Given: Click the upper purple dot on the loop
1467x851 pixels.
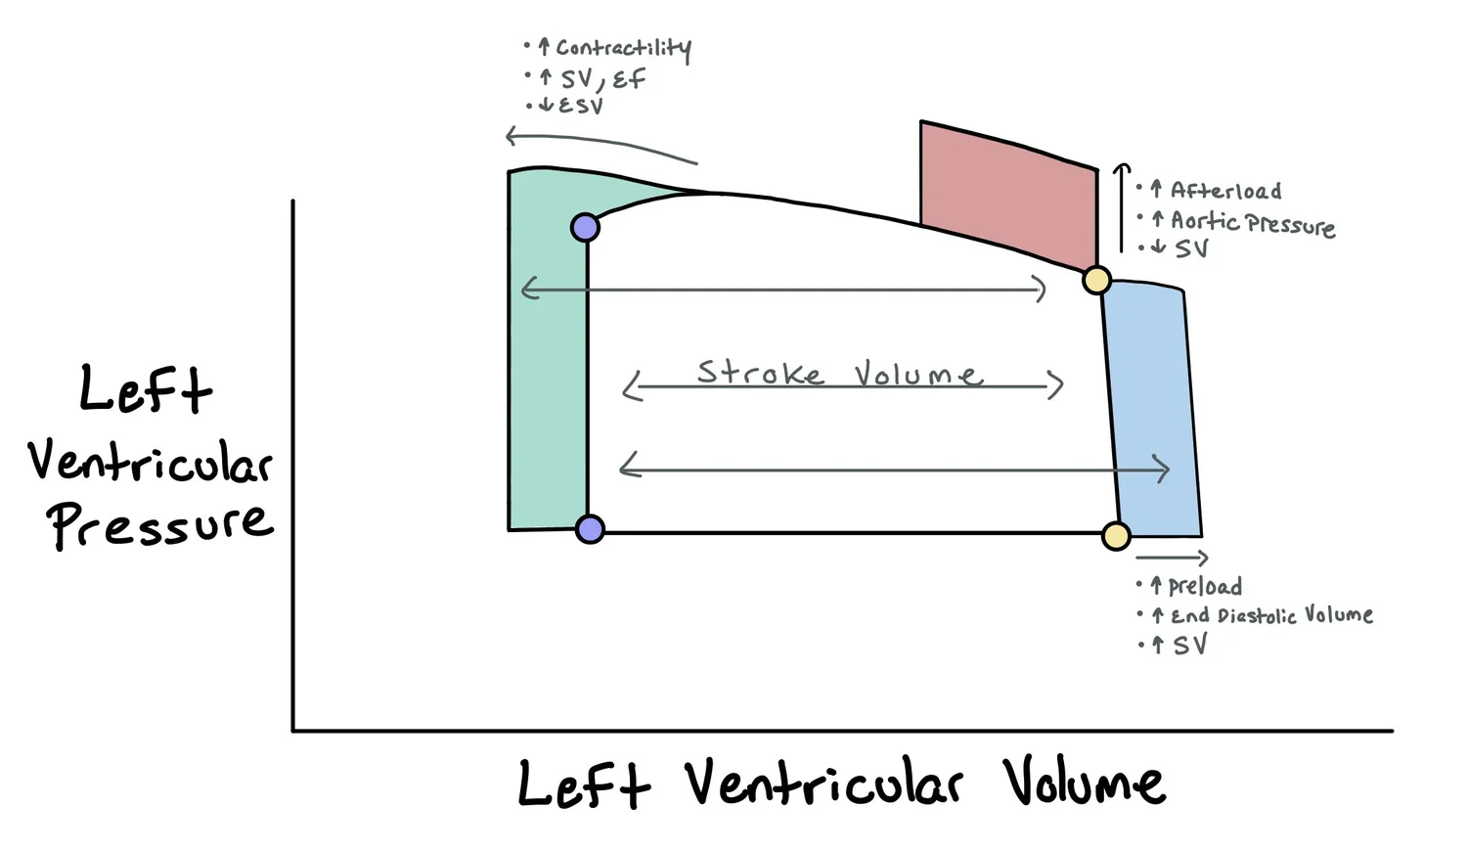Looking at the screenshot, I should click(585, 228).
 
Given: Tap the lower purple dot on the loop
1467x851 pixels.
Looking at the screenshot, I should click(590, 529).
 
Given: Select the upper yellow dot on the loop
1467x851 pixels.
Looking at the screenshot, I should click(1097, 281).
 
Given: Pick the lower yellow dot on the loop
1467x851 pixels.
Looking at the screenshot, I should click(1116, 536).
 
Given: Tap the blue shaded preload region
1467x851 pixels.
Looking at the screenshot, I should click(1154, 411).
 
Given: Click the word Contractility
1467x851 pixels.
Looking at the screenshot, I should click(623, 48).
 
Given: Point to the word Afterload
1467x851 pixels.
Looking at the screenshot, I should click(1225, 191).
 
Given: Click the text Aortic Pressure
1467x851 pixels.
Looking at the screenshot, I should click(1252, 223).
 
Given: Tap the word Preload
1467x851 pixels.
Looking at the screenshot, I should click(1205, 586).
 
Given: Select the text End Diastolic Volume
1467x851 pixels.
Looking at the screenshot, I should click(1271, 615).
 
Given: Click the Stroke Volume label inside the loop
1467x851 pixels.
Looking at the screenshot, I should click(839, 374).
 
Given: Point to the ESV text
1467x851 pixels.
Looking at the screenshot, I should click(580, 106).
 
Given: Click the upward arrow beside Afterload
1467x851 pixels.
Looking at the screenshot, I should click(1122, 207).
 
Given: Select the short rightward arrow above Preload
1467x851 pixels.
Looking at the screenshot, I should click(1172, 558).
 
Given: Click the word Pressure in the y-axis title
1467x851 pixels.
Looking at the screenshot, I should click(161, 523).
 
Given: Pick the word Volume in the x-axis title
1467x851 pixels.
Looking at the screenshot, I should click(1084, 783).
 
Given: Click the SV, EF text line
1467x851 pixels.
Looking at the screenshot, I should click(601, 78).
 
